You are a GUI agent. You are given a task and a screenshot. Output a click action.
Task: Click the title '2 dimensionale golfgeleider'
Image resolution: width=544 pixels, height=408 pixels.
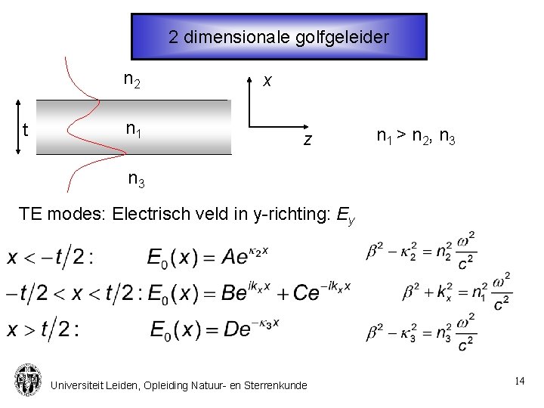[279, 36]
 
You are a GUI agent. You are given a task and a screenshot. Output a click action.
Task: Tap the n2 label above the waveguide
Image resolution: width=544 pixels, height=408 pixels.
[131, 79]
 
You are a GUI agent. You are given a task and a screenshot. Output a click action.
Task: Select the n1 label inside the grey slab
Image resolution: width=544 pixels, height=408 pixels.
[134, 130]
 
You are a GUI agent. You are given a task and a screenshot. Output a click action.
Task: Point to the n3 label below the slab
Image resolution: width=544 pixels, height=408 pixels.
[137, 180]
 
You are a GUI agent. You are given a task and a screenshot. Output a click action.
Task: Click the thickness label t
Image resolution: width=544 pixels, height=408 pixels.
[25, 130]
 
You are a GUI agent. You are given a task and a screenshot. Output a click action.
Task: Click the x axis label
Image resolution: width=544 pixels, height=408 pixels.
[267, 80]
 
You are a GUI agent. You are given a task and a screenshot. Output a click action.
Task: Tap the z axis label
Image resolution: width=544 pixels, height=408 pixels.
[308, 140]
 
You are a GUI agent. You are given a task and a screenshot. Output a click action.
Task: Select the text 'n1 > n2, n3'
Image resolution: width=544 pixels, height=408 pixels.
[415, 137]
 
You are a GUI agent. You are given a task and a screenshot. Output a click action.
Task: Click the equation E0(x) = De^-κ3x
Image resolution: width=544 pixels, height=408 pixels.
[215, 329]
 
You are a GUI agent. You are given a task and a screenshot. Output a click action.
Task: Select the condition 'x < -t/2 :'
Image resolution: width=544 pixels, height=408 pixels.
[50, 258]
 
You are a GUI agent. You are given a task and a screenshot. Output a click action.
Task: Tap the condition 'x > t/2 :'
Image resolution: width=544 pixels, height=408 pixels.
[43, 329]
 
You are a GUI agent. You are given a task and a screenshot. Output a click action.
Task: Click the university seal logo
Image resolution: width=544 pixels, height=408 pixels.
[27, 380]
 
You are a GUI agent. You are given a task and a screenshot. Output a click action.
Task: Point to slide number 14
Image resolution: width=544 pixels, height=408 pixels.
[519, 382]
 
